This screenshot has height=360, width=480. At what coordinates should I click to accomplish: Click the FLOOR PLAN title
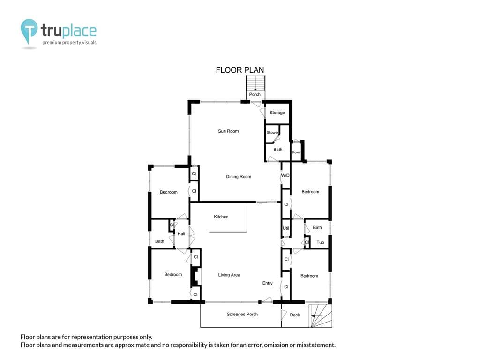click(x=240, y=70)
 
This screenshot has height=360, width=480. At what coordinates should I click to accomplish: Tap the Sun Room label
click(x=228, y=131)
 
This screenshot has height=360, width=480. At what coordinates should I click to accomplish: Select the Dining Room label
click(x=239, y=177)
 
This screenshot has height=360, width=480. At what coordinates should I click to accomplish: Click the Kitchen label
click(x=221, y=217)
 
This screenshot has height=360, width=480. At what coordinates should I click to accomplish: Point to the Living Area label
click(x=229, y=275)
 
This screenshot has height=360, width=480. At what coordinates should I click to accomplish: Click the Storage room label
click(x=277, y=112)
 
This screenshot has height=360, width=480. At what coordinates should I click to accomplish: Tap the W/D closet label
click(x=285, y=175)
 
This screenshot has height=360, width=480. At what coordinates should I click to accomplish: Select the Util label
click(x=286, y=228)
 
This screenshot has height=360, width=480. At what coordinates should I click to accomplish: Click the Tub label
click(x=320, y=242)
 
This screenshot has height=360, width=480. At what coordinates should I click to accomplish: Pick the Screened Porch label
click(x=242, y=315)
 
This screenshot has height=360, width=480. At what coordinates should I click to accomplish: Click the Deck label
click(x=295, y=315)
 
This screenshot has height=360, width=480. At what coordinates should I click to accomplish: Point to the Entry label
click(x=267, y=283)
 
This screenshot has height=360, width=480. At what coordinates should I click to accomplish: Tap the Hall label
click(x=181, y=234)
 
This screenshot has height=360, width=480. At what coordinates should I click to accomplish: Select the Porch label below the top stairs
click(x=255, y=94)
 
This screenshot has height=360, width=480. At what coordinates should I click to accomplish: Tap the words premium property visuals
click(x=69, y=43)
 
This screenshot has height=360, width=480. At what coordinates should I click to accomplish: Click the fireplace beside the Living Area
click(x=195, y=277)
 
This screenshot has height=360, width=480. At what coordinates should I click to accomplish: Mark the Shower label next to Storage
click(x=272, y=133)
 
